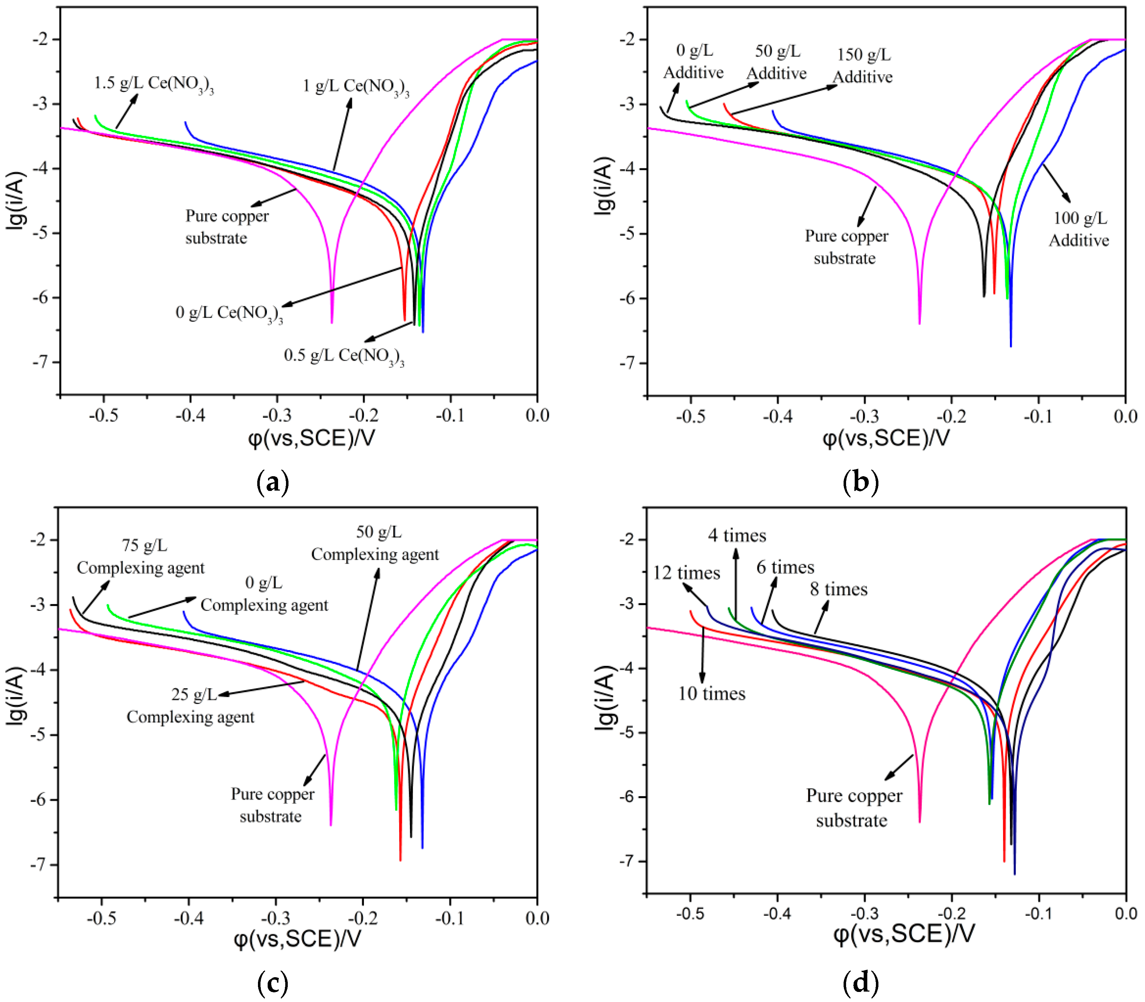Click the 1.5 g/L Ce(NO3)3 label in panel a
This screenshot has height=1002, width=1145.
153,84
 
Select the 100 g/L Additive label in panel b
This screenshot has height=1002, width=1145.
1079,229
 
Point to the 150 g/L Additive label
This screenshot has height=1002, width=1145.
863,66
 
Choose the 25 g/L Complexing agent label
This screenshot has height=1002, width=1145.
190,706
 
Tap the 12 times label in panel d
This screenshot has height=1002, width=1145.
686,573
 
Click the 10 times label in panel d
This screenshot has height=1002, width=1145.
711,694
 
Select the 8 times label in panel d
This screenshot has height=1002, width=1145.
839,589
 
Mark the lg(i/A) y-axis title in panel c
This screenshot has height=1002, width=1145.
17,696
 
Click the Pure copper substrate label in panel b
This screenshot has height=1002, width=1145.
846,247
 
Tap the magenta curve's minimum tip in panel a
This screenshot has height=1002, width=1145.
332,322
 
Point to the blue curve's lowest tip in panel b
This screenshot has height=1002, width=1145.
1010,345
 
